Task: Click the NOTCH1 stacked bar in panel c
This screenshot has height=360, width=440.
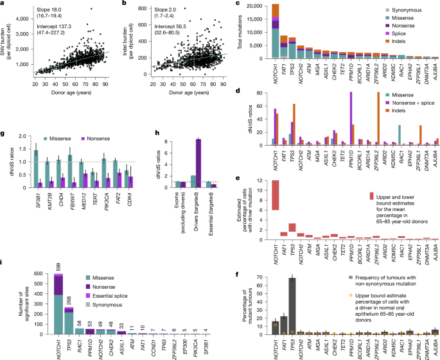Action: [276, 32]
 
